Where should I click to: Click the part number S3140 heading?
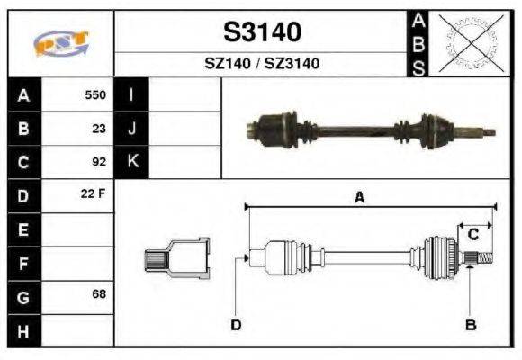[x=262, y=33]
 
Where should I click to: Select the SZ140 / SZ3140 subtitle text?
[x=262, y=64]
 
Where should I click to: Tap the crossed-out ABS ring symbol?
[x=467, y=42]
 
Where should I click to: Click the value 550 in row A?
[x=94, y=94]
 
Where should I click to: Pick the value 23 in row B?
[x=99, y=128]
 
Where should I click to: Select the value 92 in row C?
[x=99, y=162]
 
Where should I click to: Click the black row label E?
[x=23, y=229]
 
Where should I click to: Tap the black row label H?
[x=23, y=330]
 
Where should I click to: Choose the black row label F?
[x=23, y=263]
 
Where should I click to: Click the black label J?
[x=131, y=128]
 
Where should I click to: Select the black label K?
[x=131, y=162]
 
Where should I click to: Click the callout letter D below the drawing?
[x=236, y=324]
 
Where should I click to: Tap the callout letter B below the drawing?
[x=470, y=324]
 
